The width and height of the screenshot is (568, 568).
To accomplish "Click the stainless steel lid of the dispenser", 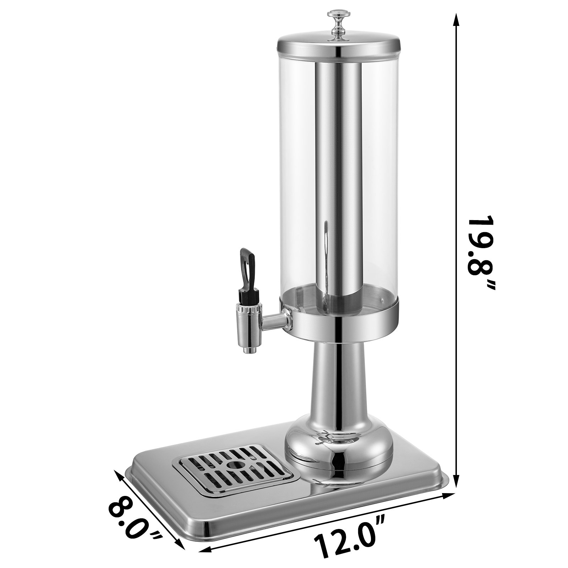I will [x=338, y=46].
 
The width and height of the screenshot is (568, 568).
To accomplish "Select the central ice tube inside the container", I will [x=338, y=177].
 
